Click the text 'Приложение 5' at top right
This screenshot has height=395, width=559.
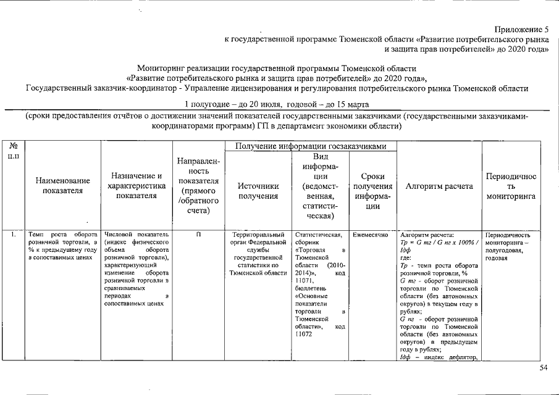[522, 30]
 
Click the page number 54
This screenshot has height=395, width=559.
[544, 368]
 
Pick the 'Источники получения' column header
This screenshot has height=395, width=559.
[258, 191]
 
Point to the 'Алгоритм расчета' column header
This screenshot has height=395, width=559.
[439, 186]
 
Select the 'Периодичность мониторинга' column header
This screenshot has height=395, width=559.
[511, 186]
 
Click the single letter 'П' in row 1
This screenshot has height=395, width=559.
[198, 235]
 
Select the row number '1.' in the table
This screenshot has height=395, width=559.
[14, 235]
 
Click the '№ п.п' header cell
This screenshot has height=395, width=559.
[14, 152]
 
